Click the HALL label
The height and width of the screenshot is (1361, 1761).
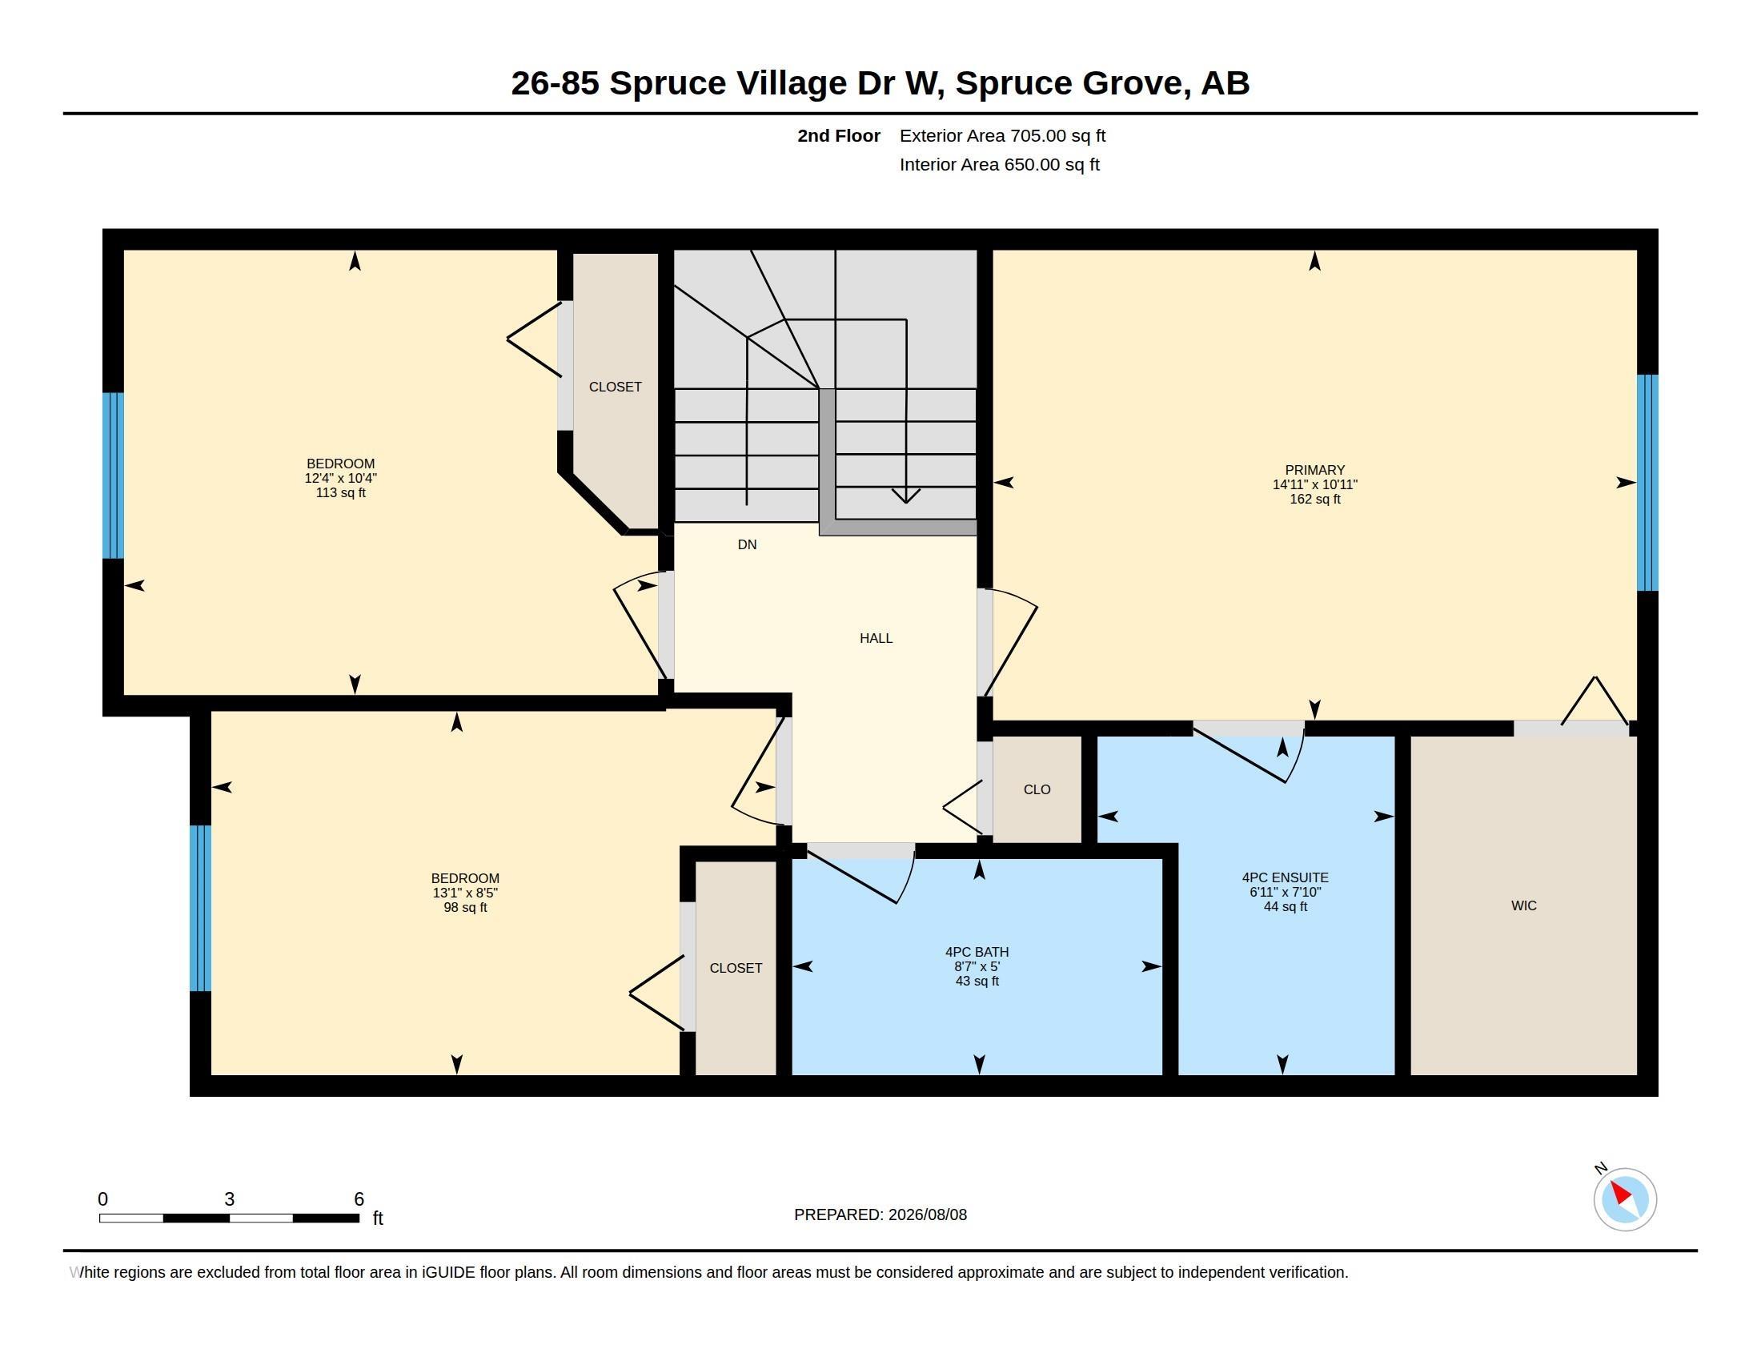point(876,639)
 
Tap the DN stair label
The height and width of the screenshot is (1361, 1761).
point(747,545)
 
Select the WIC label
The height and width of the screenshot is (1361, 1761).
point(1523,906)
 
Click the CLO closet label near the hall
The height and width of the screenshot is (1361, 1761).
point(1037,790)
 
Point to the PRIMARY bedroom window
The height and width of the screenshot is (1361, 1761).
point(1647,483)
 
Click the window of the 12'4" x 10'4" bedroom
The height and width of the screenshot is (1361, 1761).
point(113,476)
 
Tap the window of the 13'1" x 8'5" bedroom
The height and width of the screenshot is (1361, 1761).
point(200,908)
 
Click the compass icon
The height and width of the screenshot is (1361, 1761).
point(1624,1199)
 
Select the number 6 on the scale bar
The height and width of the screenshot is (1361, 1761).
point(359,1199)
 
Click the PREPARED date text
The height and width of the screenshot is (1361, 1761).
point(880,1215)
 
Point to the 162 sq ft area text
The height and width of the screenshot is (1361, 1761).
point(1315,500)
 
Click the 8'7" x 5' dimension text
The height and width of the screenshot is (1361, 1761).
point(977,967)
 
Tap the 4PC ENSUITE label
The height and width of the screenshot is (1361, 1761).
point(1286,878)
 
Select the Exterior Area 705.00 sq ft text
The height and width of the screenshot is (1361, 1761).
point(1002,136)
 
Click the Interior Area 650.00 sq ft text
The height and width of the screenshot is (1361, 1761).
point(999,165)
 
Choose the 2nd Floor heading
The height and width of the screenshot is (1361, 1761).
point(839,136)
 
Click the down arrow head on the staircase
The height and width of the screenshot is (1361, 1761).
point(906,496)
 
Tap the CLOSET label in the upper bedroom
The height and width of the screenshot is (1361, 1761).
point(616,387)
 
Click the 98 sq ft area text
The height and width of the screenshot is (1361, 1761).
point(465,908)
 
